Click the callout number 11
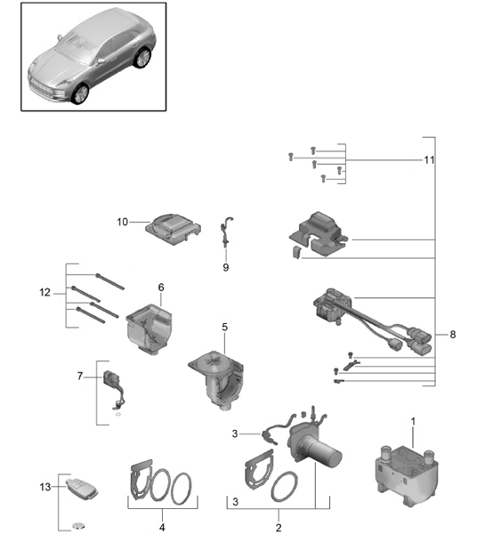click(429, 160)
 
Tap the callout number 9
click(226, 265)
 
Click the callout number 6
click(161, 288)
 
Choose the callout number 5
click(225, 328)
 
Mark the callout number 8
click(453, 335)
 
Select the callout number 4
click(162, 527)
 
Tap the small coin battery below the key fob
click(79, 526)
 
